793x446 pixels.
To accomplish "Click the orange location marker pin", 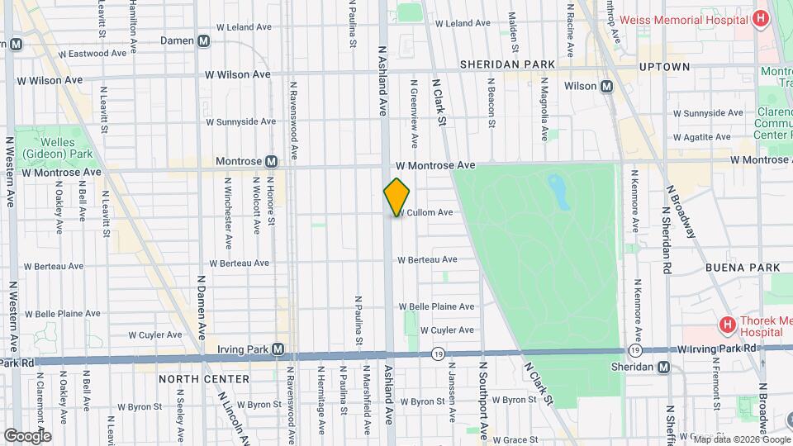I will coord(396,197).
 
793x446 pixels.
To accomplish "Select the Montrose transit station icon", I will coord(270,161).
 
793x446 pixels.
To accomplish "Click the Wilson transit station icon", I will coord(606,86).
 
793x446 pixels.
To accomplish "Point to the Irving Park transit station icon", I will coord(278,349).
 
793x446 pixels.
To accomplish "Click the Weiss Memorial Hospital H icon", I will coord(760,20).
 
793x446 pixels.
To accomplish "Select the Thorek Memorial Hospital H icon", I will coord(727,324).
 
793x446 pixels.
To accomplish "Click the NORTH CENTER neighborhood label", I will coord(204,379).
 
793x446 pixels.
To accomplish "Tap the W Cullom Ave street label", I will coord(427,213).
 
